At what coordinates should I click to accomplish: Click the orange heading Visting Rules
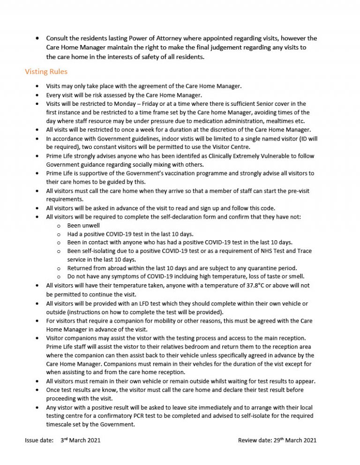[46, 72]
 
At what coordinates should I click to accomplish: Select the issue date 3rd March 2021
[80, 440]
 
